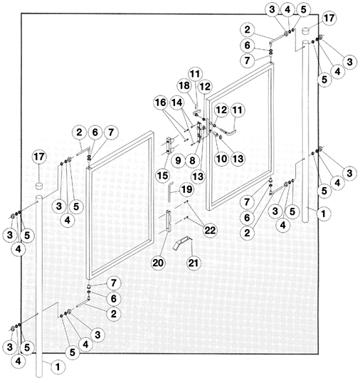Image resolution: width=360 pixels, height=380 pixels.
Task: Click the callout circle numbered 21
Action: [193, 263]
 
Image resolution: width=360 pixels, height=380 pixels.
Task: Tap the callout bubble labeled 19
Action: [187, 189]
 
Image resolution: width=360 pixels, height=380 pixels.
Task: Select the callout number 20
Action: [158, 263]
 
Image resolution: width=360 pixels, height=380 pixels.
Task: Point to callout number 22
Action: [210, 230]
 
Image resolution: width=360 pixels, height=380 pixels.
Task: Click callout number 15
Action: [162, 176]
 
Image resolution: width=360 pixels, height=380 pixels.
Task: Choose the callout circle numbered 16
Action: [161, 102]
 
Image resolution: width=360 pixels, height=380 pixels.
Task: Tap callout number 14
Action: [177, 102]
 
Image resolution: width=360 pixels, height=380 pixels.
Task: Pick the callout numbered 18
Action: [184, 85]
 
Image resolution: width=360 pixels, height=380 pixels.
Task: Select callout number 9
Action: [178, 160]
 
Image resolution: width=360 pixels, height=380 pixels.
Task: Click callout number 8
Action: [192, 160]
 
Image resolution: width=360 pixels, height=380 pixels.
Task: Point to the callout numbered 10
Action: [221, 159]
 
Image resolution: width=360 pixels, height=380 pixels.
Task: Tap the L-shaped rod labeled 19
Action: [169, 192]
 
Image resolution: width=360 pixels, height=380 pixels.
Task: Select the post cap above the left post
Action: [38, 186]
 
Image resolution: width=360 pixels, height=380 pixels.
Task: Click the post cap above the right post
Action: [307, 31]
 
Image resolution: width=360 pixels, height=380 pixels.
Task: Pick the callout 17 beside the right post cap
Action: [329, 18]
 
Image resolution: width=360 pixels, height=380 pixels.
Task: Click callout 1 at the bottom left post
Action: [58, 366]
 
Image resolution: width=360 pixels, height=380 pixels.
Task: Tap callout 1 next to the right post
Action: [323, 213]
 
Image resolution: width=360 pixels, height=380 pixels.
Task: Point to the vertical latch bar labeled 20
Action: [169, 221]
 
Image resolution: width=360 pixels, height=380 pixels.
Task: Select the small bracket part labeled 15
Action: [169, 145]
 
